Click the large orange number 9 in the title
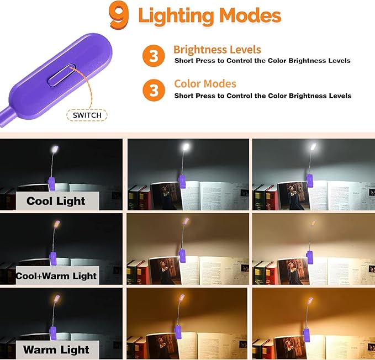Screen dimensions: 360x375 [119, 15]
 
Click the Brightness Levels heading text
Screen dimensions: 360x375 [217, 50]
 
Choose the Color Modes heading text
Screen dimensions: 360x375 [205, 84]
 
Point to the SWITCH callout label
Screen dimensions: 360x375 [87, 115]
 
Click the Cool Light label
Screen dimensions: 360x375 [56, 201]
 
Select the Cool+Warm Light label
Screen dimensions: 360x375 [56, 276]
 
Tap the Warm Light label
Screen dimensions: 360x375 [56, 350]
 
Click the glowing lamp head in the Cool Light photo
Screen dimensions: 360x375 [55, 150]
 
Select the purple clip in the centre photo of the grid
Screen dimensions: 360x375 [181, 256]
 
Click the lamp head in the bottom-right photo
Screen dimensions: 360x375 [313, 298]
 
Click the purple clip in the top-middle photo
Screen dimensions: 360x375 [181, 179]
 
